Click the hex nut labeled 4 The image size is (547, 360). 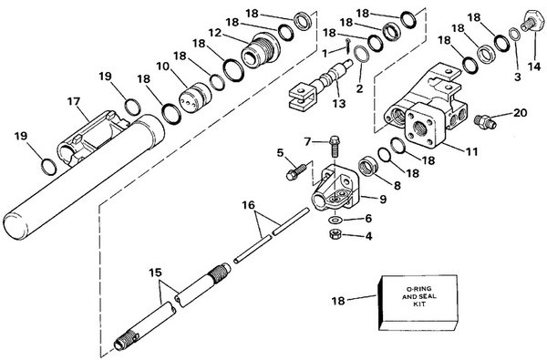coord(332,236)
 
